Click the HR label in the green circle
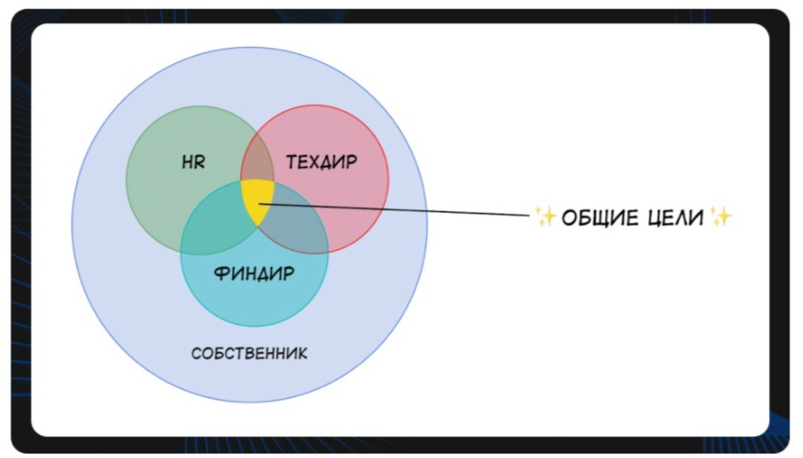pos(193,162)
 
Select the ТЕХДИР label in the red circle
pos(322,162)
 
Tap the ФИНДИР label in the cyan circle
pos(253,274)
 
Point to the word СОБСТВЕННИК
pos(249,353)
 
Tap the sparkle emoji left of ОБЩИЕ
pos(545,216)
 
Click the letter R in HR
pos(199,162)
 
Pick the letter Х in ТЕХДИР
pos(316,162)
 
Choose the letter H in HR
pos(188,162)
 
